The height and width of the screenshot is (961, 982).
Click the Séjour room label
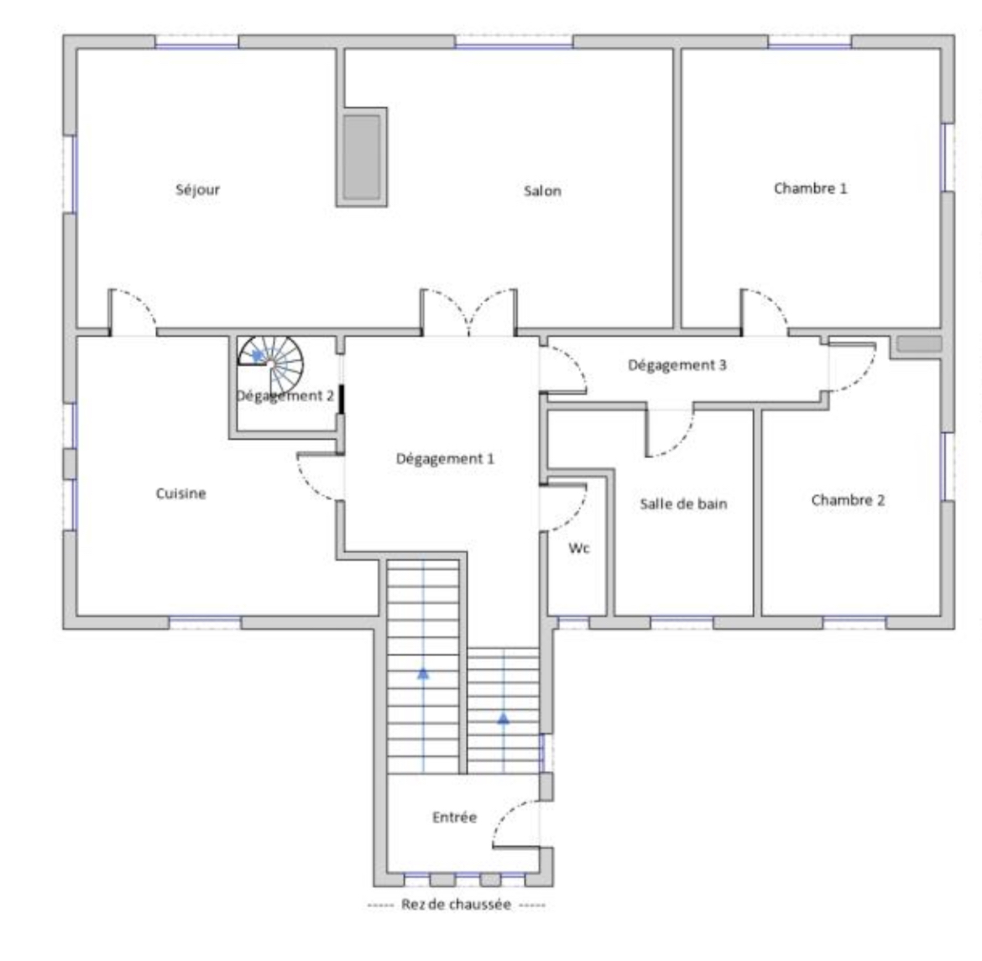(197, 190)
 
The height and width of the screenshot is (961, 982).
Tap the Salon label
(542, 191)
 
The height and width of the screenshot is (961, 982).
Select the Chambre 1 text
(811, 189)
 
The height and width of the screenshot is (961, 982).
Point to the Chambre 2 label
(848, 500)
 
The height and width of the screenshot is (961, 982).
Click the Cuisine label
(181, 494)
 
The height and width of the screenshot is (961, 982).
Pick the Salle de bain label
(683, 504)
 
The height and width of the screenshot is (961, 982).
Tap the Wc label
(578, 548)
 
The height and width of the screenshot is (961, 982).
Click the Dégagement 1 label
(446, 458)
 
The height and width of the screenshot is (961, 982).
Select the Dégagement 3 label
(677, 364)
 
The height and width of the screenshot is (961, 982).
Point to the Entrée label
(455, 817)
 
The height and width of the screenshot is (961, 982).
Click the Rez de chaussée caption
(456, 904)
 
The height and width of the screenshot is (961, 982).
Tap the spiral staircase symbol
(270, 364)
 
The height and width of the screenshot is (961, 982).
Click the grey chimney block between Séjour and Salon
(362, 157)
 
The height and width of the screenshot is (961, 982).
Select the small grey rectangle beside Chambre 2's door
(919, 343)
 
